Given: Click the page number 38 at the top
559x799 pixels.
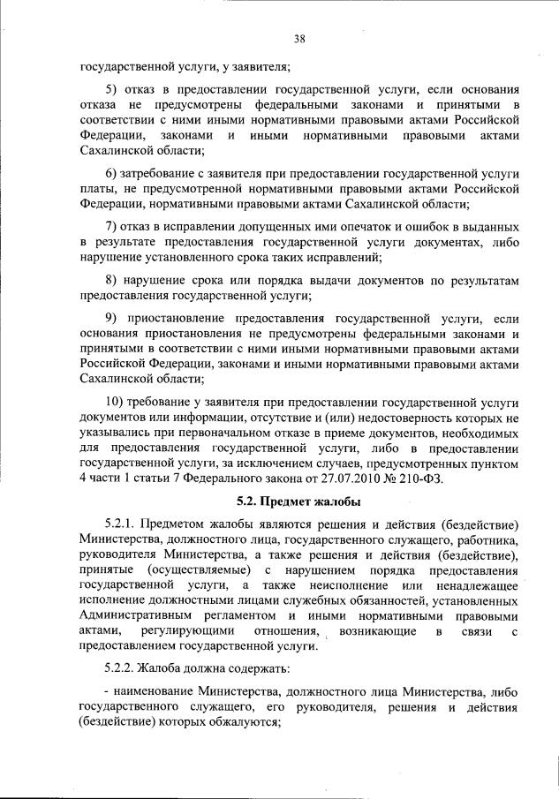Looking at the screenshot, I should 299,38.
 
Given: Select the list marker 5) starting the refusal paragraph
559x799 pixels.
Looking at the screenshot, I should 112,89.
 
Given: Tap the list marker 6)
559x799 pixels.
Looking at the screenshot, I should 112,170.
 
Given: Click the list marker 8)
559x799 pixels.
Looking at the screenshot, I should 112,281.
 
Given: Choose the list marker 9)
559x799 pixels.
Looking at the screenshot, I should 112,318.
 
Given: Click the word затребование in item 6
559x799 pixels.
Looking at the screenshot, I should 165,170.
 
